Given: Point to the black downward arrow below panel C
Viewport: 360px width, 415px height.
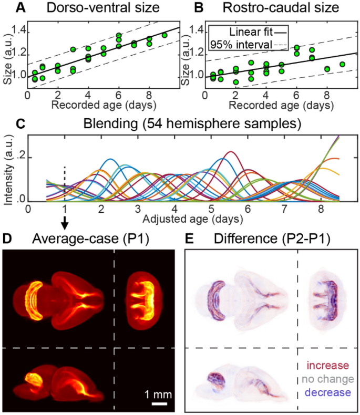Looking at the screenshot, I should tap(65, 224).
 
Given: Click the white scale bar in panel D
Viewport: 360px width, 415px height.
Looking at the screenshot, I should tap(160, 403).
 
